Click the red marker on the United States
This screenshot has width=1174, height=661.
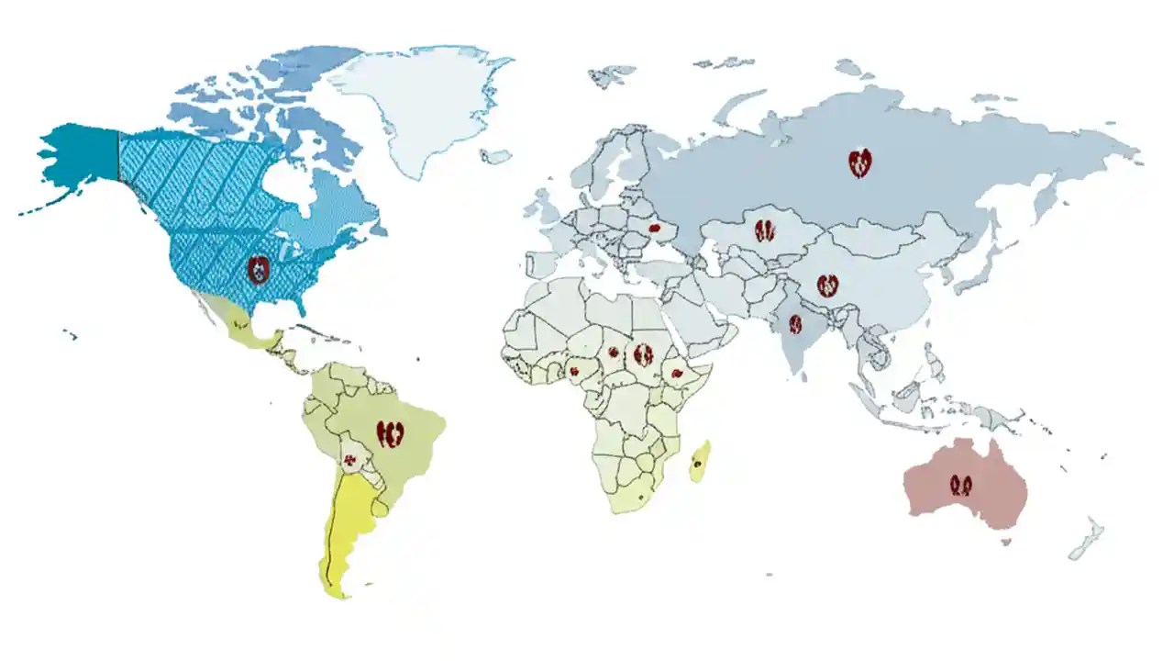pos(260,270)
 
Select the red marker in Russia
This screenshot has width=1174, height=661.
pos(859,163)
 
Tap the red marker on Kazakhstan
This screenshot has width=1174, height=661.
pos(765,230)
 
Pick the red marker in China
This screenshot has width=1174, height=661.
pos(828,285)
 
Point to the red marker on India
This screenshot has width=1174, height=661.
pos(795,324)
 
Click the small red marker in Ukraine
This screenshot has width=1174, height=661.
pos(655,228)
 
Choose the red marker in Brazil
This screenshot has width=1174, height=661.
pos(392,432)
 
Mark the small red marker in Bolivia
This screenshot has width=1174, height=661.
pos(349,459)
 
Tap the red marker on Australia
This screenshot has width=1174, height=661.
pos(961,485)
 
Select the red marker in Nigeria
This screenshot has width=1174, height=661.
pos(575,372)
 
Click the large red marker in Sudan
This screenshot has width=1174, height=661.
pos(644,354)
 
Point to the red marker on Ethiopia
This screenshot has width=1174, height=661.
pos(676,374)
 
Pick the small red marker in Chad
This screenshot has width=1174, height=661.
pos(613,352)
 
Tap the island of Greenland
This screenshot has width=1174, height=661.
pos(422,101)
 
